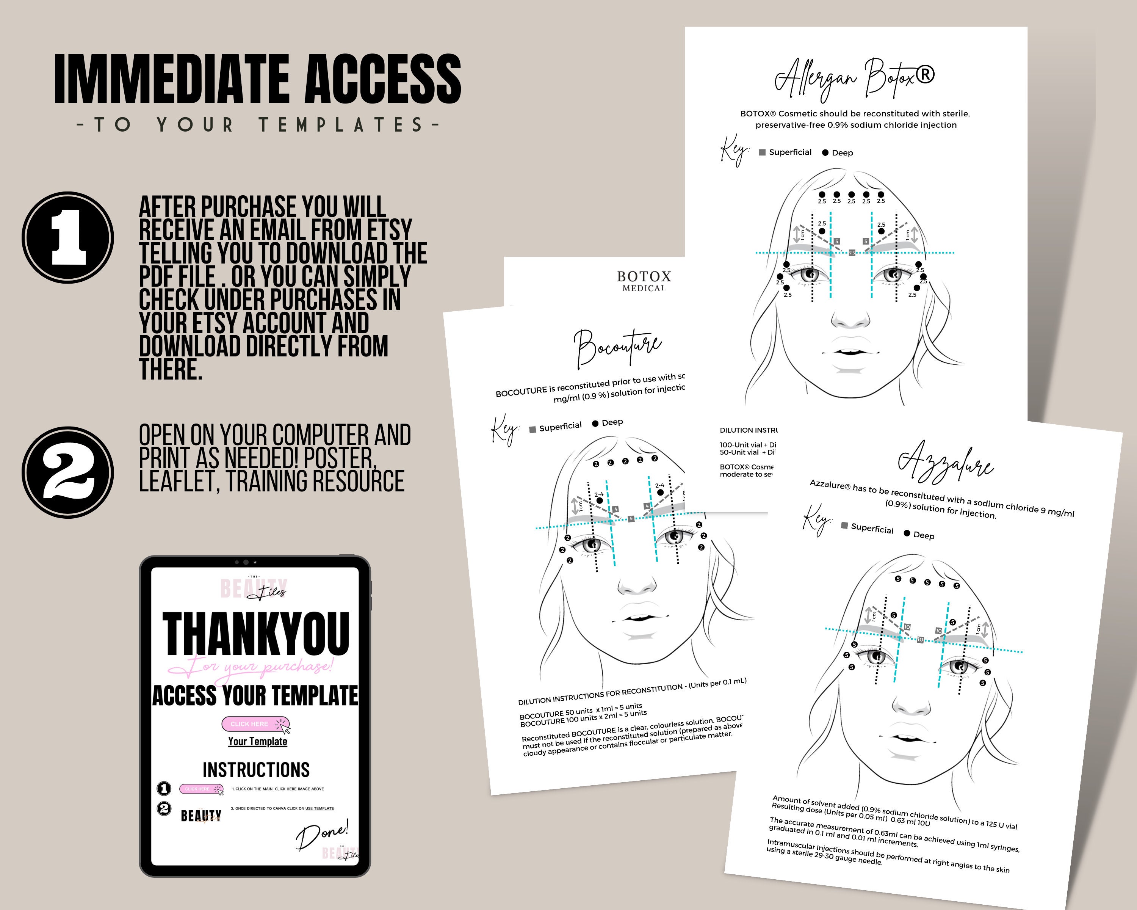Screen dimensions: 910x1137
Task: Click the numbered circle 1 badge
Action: pos(68,237)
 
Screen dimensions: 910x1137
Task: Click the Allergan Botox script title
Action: pos(854,79)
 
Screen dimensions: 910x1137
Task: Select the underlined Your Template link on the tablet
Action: pos(257,741)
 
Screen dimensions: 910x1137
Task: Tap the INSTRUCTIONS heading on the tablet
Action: pos(256,770)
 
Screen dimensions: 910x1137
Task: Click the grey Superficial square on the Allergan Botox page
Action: pos(762,152)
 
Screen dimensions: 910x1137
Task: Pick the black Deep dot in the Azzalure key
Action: pos(907,533)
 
